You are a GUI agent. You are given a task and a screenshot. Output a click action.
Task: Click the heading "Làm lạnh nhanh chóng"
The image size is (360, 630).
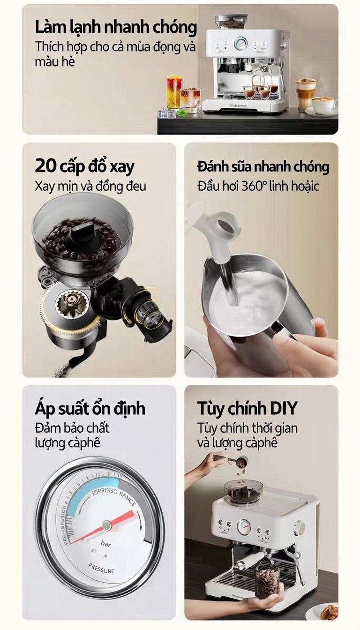[x=116, y=28]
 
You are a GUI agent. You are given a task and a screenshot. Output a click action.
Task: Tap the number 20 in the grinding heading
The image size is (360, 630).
[x=46, y=167]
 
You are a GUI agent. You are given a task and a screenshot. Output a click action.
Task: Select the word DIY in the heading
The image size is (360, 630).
[x=283, y=408]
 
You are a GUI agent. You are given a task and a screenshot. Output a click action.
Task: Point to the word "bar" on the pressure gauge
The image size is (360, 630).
[x=106, y=544]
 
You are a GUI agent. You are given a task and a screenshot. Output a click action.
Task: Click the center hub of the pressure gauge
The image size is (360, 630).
[x=106, y=525]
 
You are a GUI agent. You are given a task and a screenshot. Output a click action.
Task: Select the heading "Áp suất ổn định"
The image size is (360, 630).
[x=90, y=408]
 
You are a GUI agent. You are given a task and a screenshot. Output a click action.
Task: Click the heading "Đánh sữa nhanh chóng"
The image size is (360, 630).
[x=263, y=167]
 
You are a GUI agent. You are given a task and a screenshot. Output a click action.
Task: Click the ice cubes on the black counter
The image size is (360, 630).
[x=167, y=113]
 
